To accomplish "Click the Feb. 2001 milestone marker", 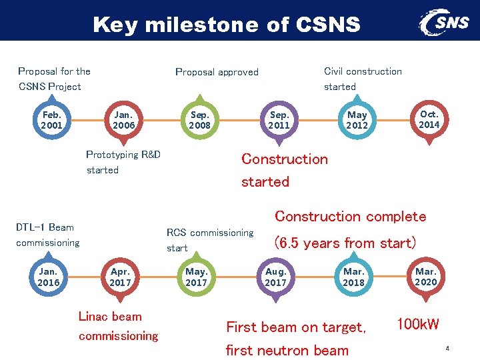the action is tap(51, 120).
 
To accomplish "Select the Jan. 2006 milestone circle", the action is tap(124, 120).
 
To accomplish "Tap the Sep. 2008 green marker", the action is tap(199, 120).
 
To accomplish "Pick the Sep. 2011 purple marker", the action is tap(279, 120).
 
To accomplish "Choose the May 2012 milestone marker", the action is tap(357, 120).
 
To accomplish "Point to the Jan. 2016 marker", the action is tap(49, 277).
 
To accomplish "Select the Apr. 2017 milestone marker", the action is tap(121, 277).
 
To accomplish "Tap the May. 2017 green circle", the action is tap(197, 277).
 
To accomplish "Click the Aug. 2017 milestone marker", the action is tap(275, 277).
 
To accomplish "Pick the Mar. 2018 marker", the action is tap(353, 277).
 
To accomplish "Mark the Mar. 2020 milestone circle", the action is tap(426, 277).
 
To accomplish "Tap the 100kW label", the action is tap(418, 325).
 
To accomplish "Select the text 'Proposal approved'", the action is tap(217, 72).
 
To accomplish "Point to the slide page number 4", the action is tap(447, 348).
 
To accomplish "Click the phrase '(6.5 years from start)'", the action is tap(345, 243).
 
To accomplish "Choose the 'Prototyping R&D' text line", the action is tap(123, 155).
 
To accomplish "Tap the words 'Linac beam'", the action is tap(110, 317).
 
